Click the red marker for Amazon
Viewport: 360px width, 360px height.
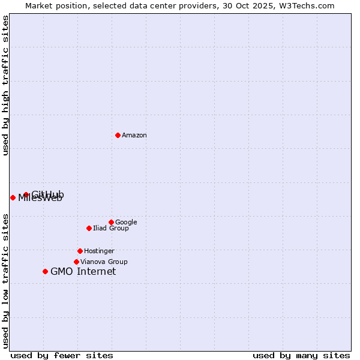coord(118,135)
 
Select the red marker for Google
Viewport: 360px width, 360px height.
coord(111,222)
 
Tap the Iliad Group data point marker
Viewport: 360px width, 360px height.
coord(89,228)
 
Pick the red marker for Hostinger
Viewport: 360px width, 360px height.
coord(80,251)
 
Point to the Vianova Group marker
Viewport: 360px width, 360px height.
coord(76,262)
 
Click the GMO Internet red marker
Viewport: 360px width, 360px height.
coord(45,271)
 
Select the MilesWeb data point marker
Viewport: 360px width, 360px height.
coord(13,197)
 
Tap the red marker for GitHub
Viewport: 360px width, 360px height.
coord(26,194)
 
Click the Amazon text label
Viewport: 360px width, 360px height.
coord(134,136)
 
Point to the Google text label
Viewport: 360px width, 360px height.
coord(126,223)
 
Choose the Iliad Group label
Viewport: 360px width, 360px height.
coord(111,229)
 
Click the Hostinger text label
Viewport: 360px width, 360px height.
coord(99,251)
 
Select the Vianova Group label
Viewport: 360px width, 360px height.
coord(104,262)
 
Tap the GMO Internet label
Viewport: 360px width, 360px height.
coord(83,272)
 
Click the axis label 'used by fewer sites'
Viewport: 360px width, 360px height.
coord(62,356)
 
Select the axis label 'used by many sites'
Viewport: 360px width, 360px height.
coord(301,356)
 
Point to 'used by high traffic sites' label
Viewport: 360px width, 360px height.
coord(6,85)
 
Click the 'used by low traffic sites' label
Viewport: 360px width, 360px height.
coord(6,281)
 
